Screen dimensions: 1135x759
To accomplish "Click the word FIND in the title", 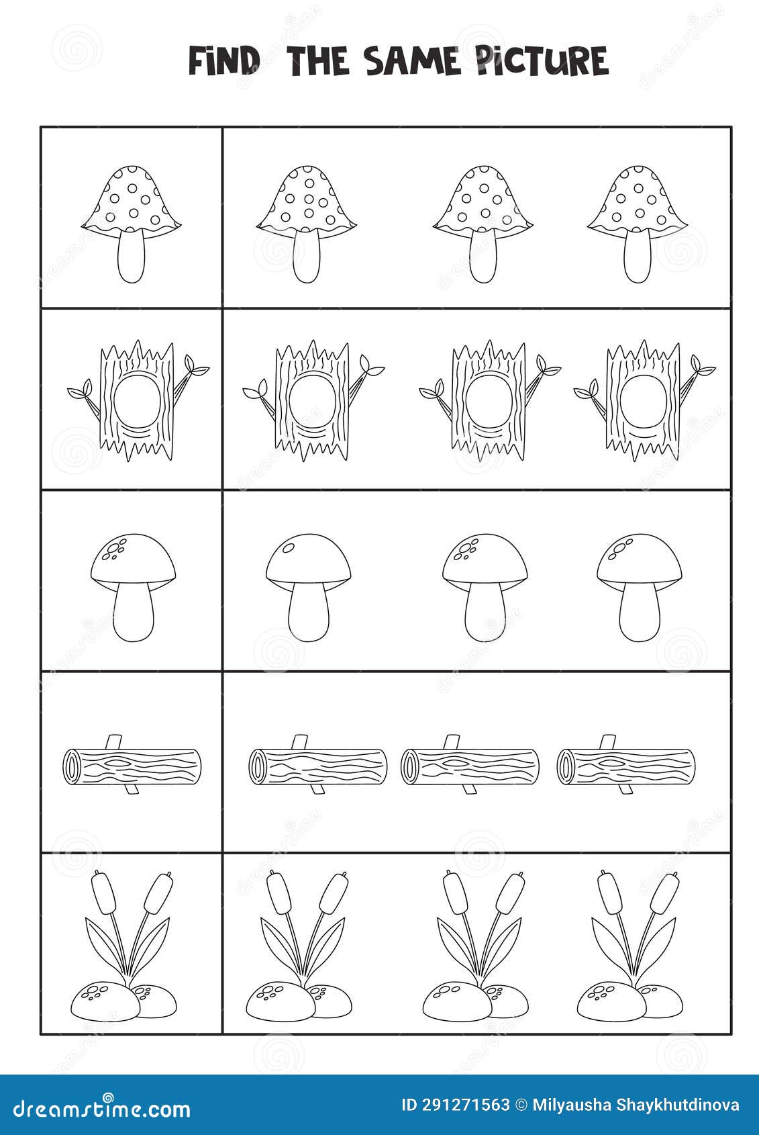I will coord(223,61).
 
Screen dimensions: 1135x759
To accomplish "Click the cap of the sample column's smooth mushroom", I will coord(133,557).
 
